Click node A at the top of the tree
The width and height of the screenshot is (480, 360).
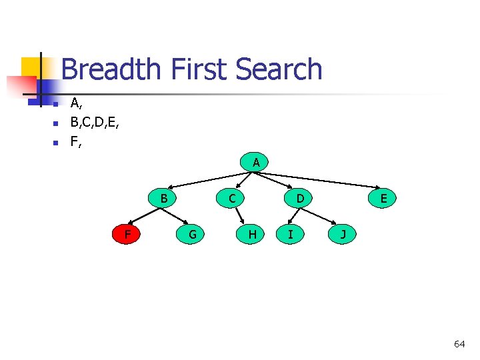256,163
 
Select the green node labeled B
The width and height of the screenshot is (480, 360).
163,198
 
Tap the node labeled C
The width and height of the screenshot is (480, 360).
231,198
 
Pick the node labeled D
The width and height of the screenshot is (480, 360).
300,198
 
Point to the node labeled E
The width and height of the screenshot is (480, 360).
384,198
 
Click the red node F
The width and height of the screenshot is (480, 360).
127,234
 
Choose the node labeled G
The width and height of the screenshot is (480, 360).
192,234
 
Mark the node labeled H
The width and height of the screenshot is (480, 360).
252,234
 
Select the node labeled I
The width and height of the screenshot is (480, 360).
290,234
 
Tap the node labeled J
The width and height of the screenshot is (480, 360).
343,234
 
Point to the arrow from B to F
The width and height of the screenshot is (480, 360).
144,216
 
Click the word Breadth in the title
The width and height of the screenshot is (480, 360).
111,70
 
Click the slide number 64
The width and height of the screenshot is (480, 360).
459,344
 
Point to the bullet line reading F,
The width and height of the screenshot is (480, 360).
76,142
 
